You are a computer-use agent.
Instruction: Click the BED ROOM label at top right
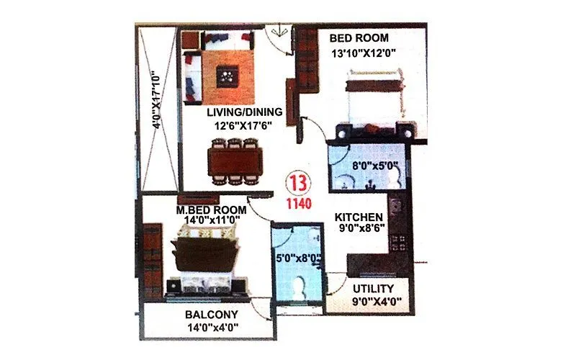coord(359,37)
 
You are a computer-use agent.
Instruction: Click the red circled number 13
coord(297,181)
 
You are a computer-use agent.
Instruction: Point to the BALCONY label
coord(212,315)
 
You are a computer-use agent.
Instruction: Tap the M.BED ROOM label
coord(212,210)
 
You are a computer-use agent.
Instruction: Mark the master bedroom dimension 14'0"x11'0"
coord(211,222)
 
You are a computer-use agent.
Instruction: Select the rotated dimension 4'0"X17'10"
coord(156,99)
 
